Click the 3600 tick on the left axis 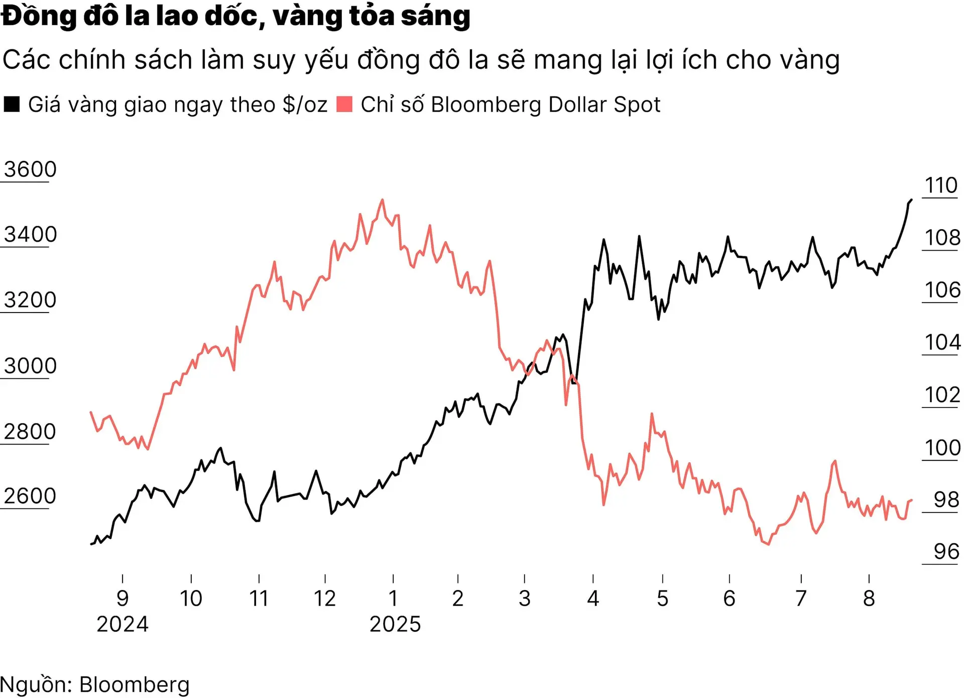(x=30, y=170)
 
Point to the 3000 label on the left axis (x=30, y=366)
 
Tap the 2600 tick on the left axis (x=30, y=496)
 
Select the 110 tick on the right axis (x=941, y=186)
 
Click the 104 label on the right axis (x=942, y=343)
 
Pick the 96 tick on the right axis (x=946, y=552)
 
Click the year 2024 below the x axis (x=123, y=624)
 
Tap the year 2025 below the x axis (x=395, y=624)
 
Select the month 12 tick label (x=325, y=599)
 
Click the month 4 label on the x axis (x=593, y=599)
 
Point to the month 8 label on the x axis (x=869, y=599)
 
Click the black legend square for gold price (x=12, y=104)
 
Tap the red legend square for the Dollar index (x=344, y=104)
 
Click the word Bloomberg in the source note (x=134, y=685)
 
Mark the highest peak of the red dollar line (x=383, y=200)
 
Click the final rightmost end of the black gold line (x=911, y=200)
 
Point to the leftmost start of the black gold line (x=91, y=544)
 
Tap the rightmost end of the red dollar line (x=911, y=500)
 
